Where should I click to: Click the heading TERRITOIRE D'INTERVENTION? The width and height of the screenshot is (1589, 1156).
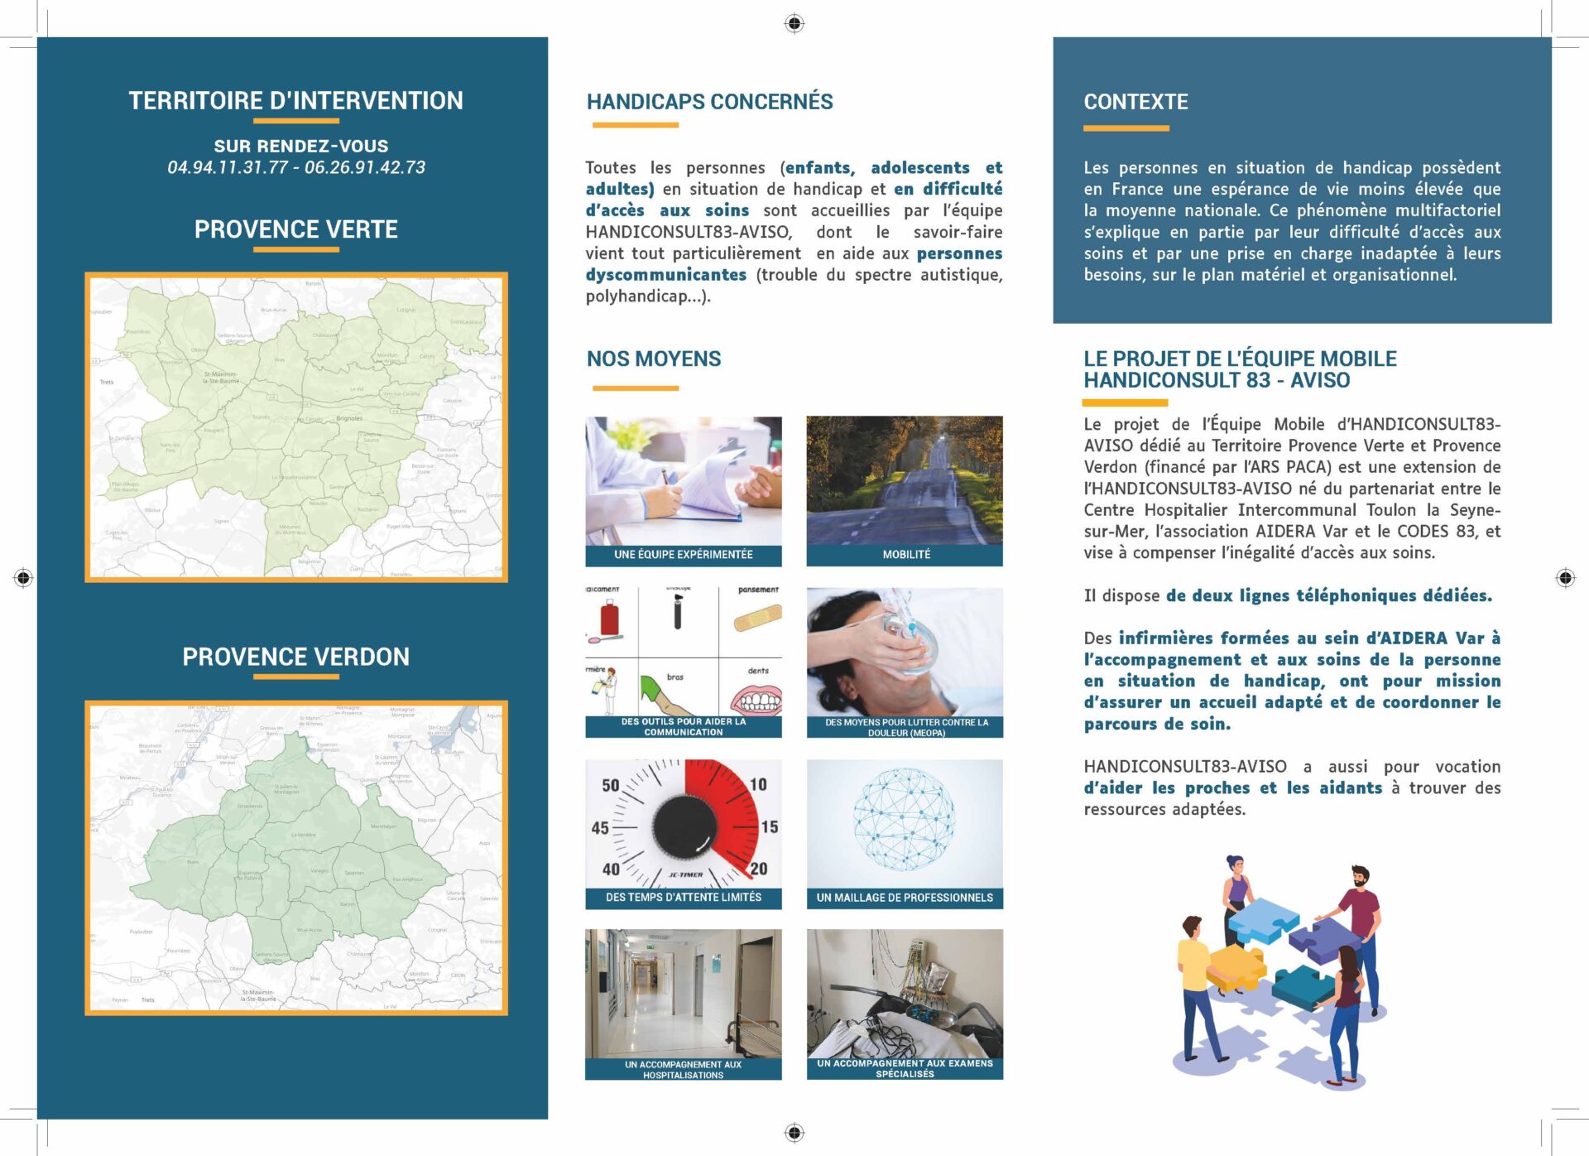(295, 101)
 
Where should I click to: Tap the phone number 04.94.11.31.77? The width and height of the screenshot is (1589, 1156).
(228, 167)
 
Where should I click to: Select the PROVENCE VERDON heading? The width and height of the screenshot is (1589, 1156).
(295, 657)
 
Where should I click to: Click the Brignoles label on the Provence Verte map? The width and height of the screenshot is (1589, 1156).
(349, 418)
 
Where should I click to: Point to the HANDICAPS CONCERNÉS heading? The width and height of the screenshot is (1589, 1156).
(709, 102)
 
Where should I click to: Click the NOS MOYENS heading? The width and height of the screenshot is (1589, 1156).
(654, 359)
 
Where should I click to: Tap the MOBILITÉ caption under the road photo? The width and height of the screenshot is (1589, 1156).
(905, 554)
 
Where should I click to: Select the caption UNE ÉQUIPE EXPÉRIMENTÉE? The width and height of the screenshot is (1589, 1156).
(683, 554)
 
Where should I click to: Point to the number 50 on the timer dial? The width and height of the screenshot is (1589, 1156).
(611, 785)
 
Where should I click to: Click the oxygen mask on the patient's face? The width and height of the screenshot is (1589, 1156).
(910, 633)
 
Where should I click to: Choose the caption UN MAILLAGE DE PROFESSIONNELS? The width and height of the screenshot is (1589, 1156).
(905, 898)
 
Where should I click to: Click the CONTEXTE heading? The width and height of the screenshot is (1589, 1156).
(1135, 102)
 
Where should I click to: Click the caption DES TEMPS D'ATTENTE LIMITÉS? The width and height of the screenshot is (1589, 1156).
(683, 898)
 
